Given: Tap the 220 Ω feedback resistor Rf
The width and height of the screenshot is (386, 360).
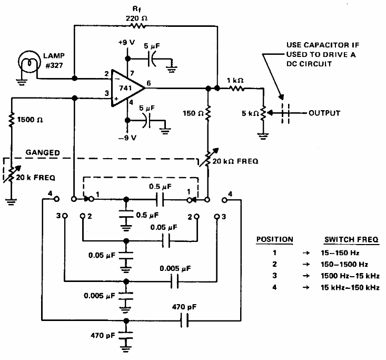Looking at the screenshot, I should (138, 25).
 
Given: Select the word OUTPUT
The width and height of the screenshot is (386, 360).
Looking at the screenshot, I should (324, 113).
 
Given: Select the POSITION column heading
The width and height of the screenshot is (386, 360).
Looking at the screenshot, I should (274, 239).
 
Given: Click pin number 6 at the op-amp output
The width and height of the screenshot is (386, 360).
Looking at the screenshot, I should (150, 82).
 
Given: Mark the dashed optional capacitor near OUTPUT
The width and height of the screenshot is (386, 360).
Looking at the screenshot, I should (284, 113).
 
